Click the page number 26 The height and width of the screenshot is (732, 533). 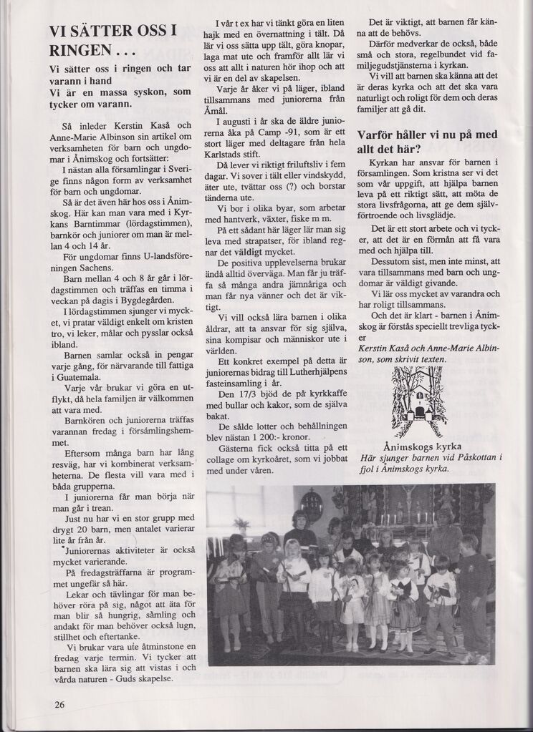tap(60, 704)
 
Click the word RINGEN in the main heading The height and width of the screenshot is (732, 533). tap(80, 51)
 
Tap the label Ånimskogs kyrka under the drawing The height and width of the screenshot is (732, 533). tap(416, 446)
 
